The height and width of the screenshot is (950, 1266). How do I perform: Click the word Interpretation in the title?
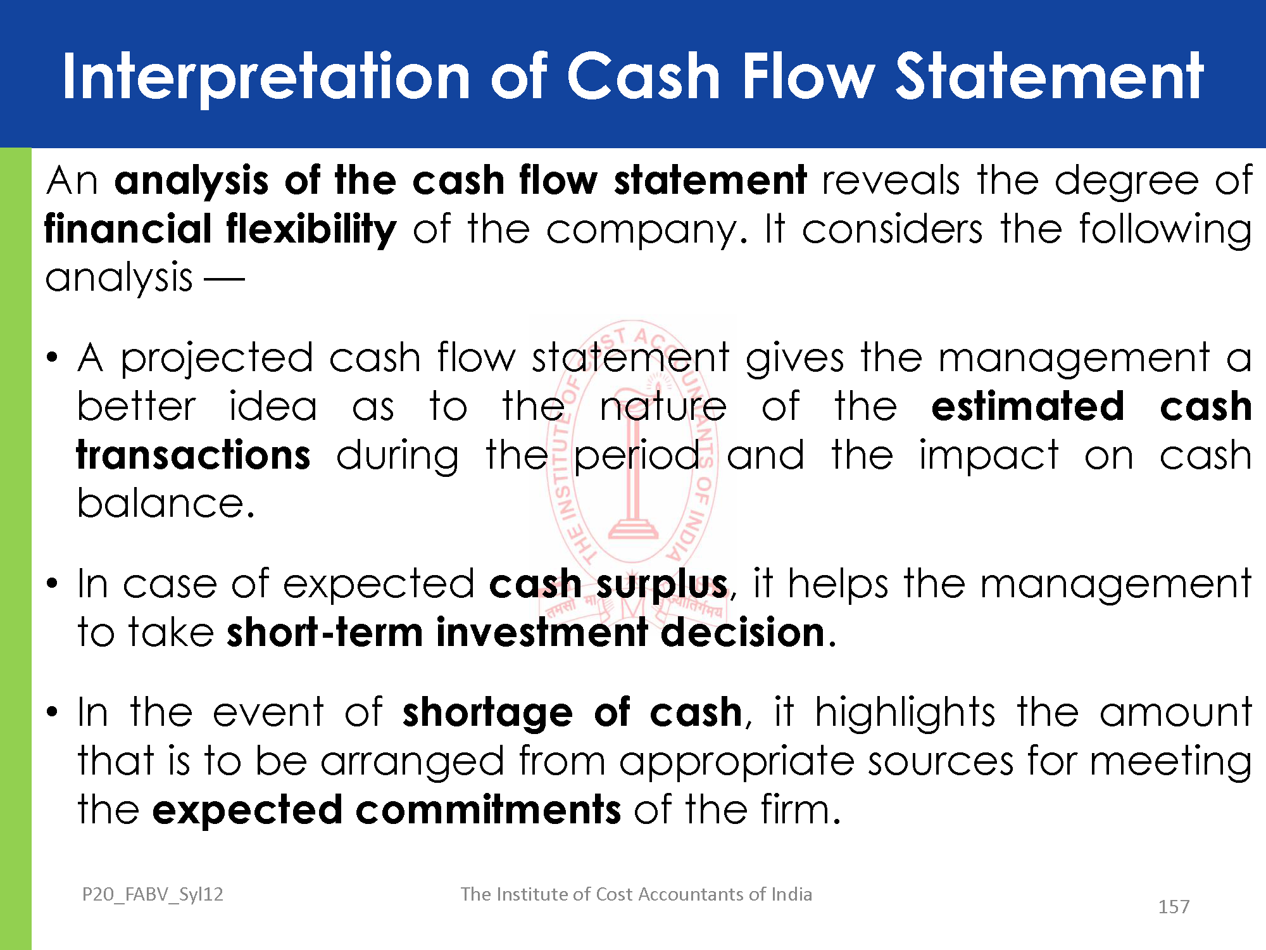tap(266, 77)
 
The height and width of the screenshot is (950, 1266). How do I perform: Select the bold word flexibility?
tap(311, 229)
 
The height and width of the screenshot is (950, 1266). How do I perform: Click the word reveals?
tap(891, 180)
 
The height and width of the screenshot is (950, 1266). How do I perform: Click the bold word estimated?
tap(1028, 407)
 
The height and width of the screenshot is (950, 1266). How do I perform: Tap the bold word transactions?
tap(194, 455)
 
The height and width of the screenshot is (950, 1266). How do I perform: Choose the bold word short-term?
tap(325, 632)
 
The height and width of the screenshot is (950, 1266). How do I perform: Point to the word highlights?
tap(905, 714)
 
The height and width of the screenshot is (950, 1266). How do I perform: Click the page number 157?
tap(1174, 907)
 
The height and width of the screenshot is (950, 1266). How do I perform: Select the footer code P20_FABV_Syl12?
tap(153, 894)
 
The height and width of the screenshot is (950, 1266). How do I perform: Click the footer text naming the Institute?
tap(636, 894)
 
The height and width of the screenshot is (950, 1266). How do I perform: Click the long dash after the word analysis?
tap(223, 278)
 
